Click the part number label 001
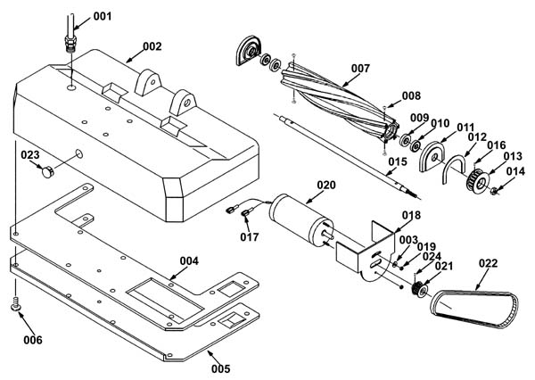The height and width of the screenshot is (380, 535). [103, 16]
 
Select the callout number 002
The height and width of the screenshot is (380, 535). [152, 46]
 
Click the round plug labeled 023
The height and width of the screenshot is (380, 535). [48, 171]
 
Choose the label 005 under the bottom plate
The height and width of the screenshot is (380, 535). [221, 368]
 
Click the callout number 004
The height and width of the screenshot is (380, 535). [189, 261]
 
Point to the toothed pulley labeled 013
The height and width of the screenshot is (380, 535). [478, 179]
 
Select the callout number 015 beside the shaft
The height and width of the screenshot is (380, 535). [398, 161]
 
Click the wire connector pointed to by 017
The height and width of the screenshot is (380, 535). [245, 214]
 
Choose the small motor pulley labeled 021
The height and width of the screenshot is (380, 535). [419, 289]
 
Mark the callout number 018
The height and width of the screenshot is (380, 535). [411, 216]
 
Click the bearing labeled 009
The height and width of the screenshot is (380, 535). [405, 140]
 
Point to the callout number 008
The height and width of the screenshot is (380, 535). [411, 96]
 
